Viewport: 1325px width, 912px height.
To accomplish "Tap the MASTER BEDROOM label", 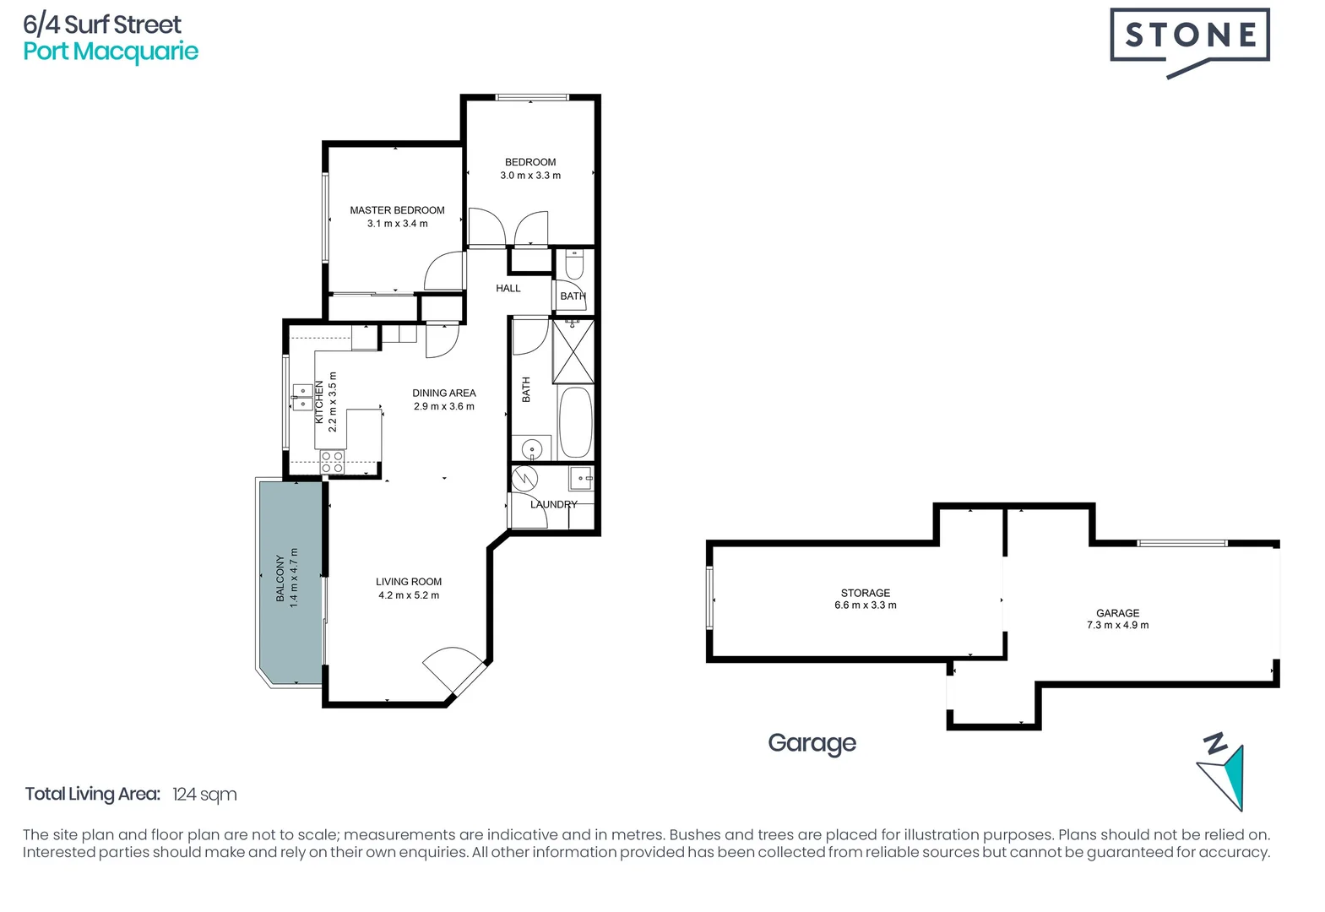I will [x=397, y=210].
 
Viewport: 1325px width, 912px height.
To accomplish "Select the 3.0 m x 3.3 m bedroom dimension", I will [x=530, y=176].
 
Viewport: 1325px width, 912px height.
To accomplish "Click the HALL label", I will [x=508, y=289].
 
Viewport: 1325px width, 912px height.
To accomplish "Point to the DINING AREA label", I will [x=444, y=394].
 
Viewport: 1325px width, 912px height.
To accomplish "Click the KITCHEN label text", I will [x=319, y=402].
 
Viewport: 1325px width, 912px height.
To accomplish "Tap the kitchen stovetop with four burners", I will [x=332, y=461].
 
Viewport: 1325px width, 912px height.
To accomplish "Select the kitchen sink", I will [x=301, y=397].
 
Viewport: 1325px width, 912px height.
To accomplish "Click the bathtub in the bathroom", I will [x=576, y=422].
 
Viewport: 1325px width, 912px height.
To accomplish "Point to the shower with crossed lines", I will [x=573, y=351].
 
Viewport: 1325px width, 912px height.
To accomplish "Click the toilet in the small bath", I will [x=574, y=265].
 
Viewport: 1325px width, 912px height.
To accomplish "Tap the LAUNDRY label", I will [x=553, y=505].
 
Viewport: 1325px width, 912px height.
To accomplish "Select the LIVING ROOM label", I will [x=409, y=582].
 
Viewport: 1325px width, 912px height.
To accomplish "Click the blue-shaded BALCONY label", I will [x=280, y=578].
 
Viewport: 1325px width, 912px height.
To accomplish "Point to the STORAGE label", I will [x=866, y=593].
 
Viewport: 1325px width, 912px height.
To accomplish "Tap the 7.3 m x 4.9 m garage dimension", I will [x=1117, y=626].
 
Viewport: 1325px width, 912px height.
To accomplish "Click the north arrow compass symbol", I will [x=1223, y=773].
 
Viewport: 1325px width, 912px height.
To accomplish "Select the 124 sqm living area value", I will [x=204, y=795].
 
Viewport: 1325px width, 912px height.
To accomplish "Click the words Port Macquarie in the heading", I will [x=111, y=52].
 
